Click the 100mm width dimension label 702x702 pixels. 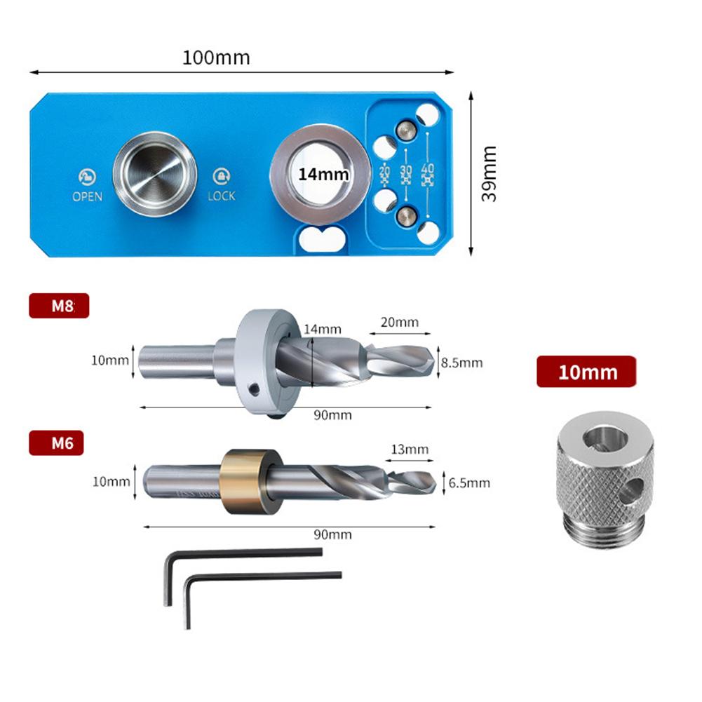click(216, 58)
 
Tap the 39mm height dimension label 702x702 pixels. click(489, 173)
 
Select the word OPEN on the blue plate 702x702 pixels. click(87, 196)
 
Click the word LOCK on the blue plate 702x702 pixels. click(222, 196)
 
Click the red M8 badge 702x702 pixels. click(59, 306)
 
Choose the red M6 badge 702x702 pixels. click(56, 443)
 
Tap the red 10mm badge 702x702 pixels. click(587, 371)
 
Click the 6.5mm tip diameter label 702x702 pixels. click(470, 482)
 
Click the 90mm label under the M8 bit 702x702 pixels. click(332, 415)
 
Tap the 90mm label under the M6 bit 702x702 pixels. click(332, 534)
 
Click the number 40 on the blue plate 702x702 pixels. click(427, 169)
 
